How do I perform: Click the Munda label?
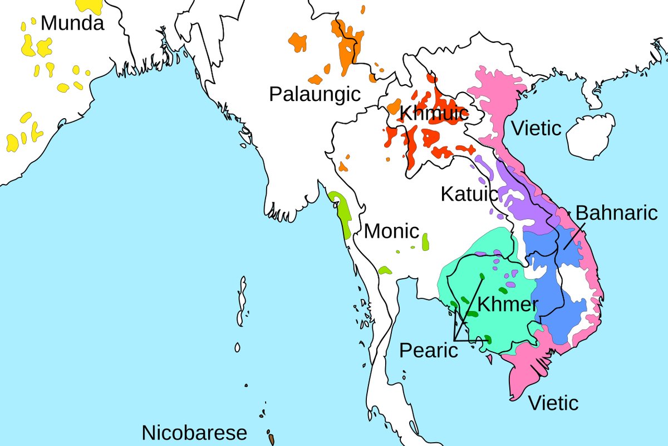click(x=72, y=23)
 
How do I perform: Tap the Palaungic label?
click(x=315, y=94)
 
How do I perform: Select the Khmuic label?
click(x=434, y=114)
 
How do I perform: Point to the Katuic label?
click(x=469, y=194)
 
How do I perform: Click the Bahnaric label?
click(x=616, y=212)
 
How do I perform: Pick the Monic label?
click(x=391, y=231)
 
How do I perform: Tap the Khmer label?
click(x=508, y=304)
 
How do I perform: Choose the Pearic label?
click(x=429, y=351)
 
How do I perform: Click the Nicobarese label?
click(x=194, y=433)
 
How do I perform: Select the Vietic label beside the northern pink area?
click(x=536, y=128)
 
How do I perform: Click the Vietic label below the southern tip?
click(x=553, y=403)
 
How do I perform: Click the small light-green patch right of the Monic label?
click(x=425, y=241)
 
